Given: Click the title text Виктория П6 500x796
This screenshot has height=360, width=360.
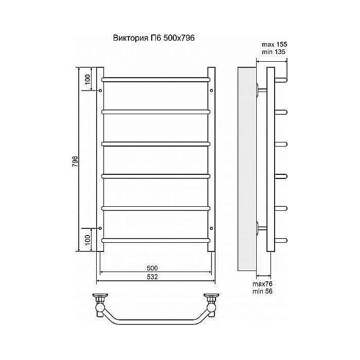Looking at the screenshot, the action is pyautogui.click(x=154, y=38).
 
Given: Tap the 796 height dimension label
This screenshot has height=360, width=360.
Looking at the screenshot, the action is pyautogui.click(x=75, y=161).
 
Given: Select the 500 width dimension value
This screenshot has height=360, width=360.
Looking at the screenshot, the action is pyautogui.click(x=152, y=268).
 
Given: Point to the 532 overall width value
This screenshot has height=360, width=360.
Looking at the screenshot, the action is pyautogui.click(x=152, y=277).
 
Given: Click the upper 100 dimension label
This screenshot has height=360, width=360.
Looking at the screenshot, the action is pyautogui.click(x=88, y=79).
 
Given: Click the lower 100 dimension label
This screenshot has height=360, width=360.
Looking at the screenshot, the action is pyautogui.click(x=88, y=240).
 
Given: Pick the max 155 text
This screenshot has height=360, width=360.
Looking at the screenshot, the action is pyautogui.click(x=274, y=44).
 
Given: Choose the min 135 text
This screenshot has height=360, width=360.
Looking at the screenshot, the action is pyautogui.click(x=274, y=52).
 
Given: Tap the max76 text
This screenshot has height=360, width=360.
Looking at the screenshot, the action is pyautogui.click(x=262, y=284).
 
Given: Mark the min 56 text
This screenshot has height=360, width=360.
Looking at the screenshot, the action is pyautogui.click(x=262, y=292).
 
